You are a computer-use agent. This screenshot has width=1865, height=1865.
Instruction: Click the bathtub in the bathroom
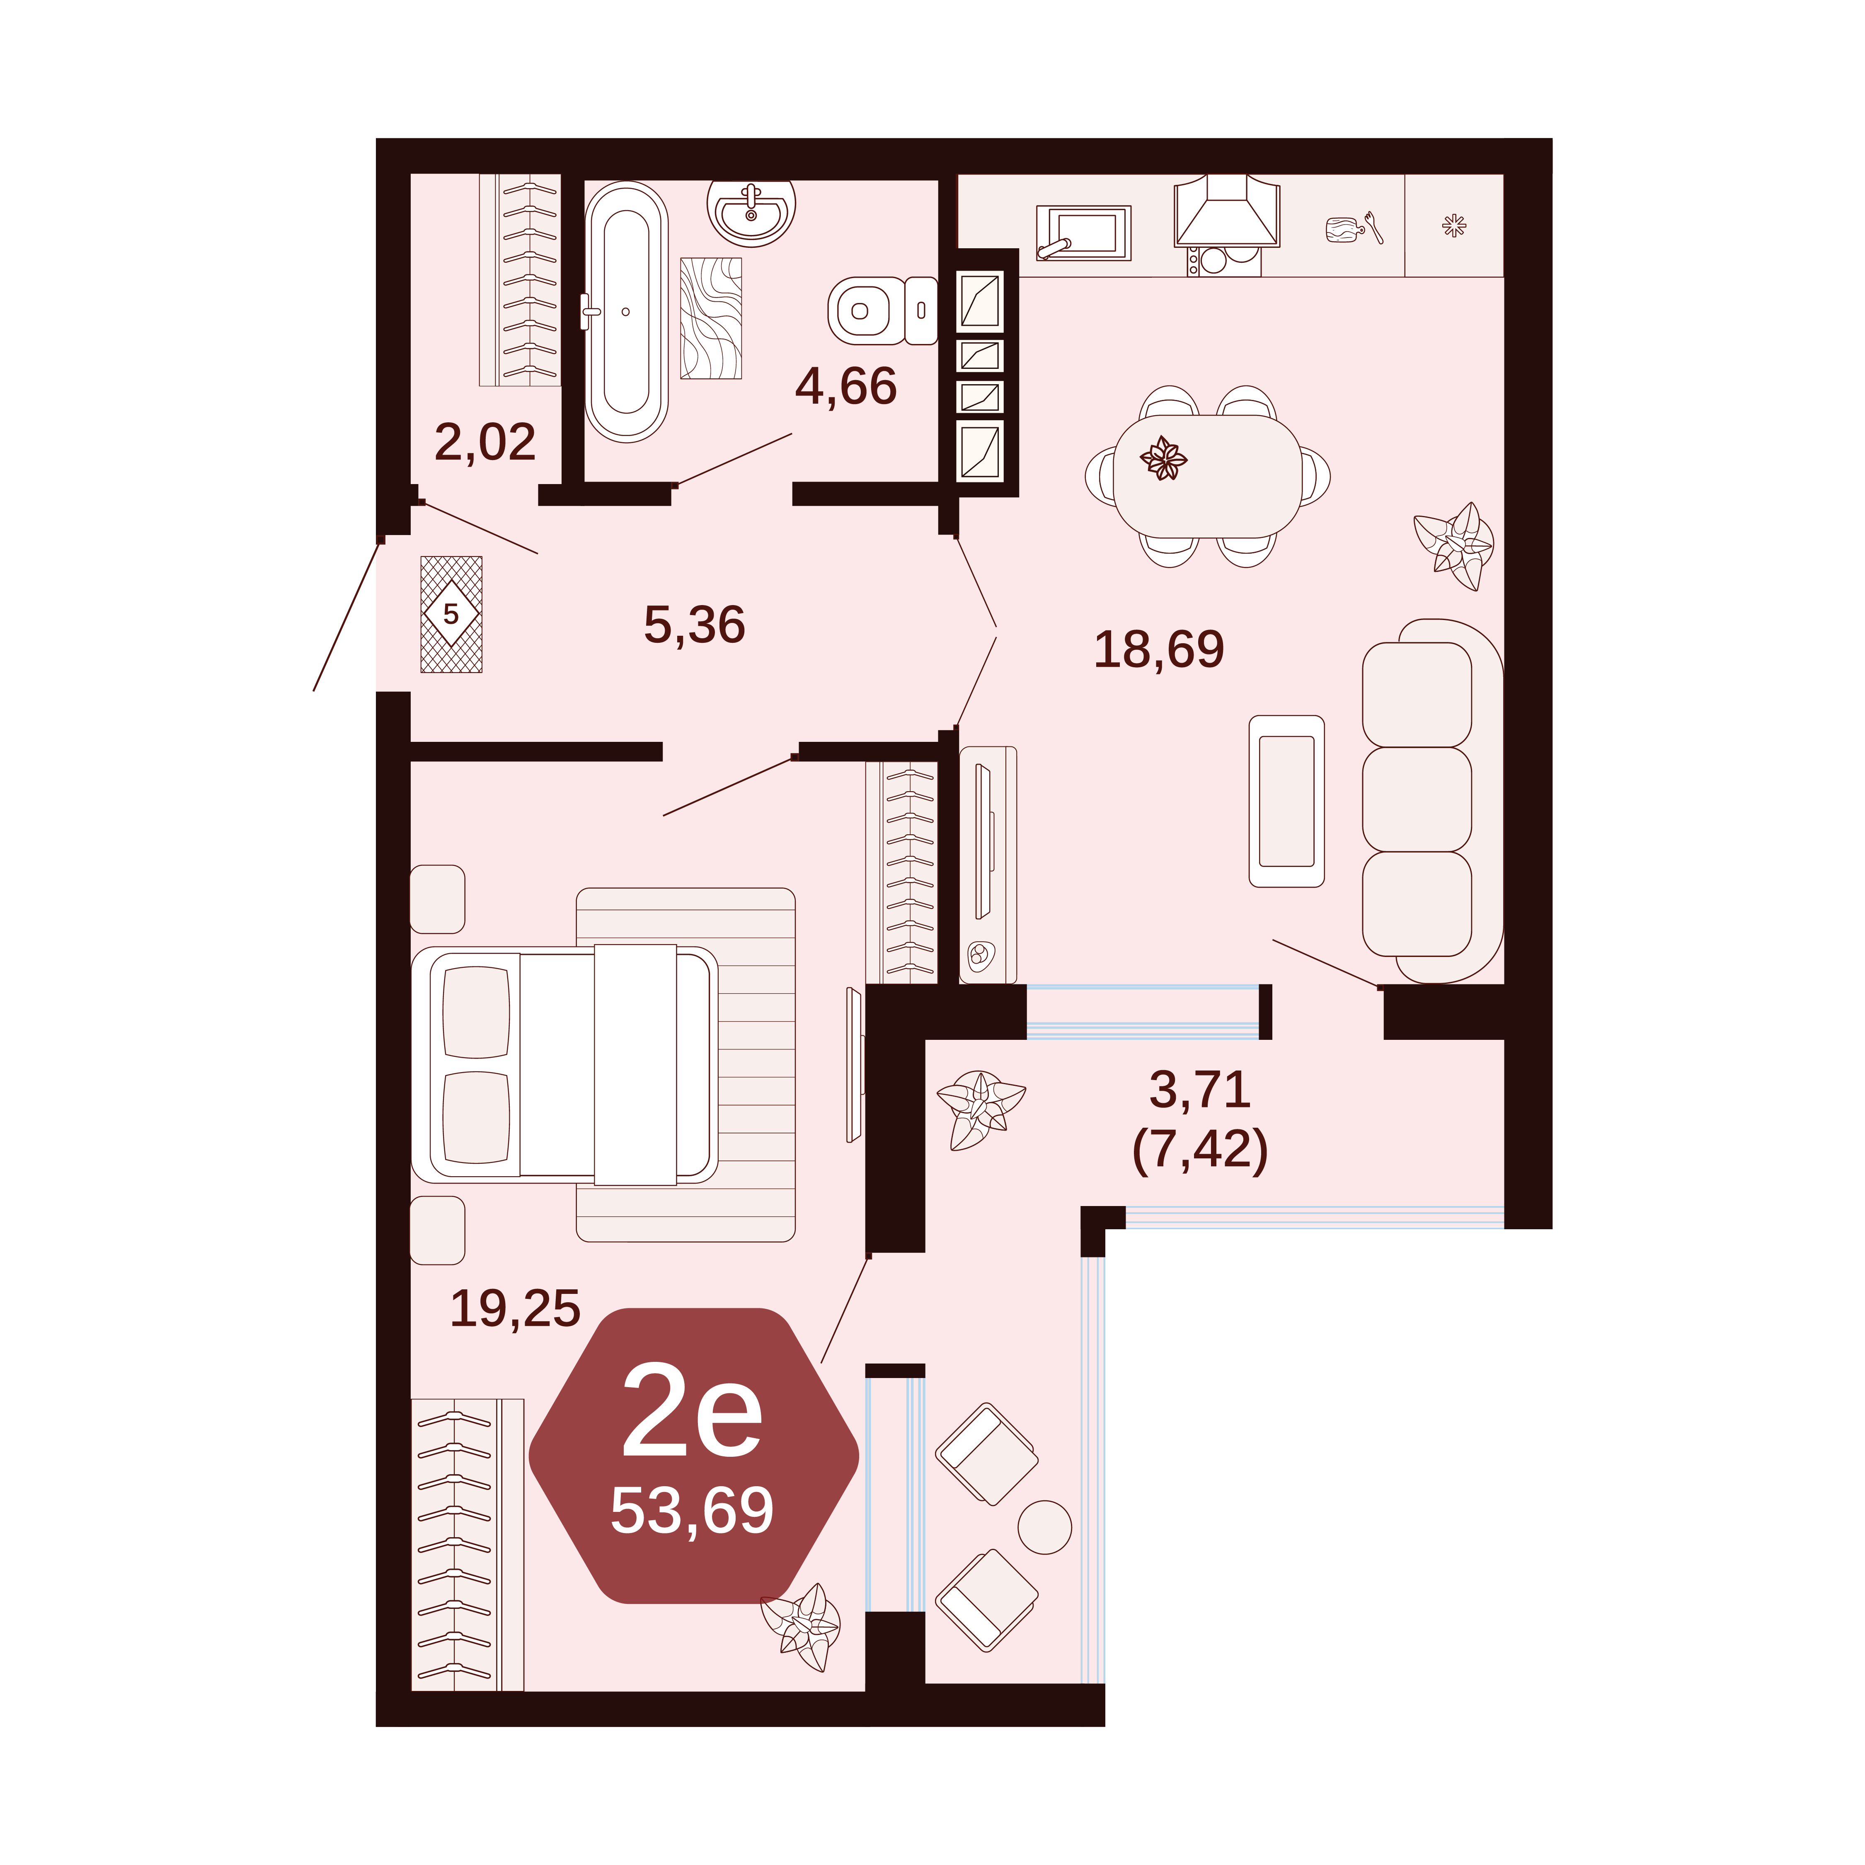(x=625, y=312)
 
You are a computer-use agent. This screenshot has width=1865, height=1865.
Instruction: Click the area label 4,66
(x=845, y=387)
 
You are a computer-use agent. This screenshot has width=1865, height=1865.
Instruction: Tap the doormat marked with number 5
(x=451, y=614)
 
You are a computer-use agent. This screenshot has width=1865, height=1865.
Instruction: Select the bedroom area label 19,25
(x=516, y=1309)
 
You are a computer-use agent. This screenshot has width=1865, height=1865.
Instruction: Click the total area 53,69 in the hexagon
(x=692, y=1511)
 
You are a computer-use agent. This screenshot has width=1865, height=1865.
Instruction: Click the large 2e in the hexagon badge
(x=692, y=1413)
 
